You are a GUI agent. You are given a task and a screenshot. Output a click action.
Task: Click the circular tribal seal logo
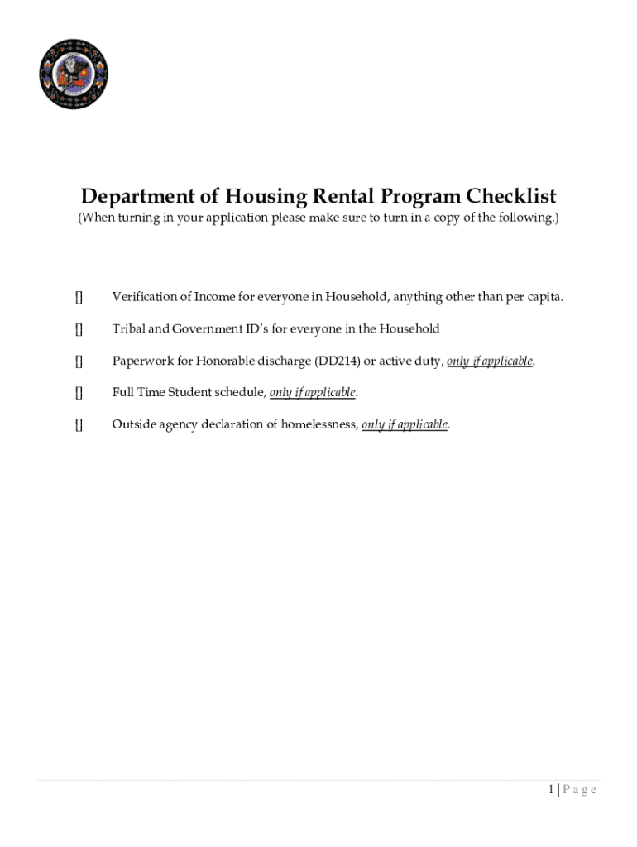pyautogui.click(x=74, y=74)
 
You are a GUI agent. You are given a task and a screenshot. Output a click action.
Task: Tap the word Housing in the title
pyautogui.click(x=266, y=197)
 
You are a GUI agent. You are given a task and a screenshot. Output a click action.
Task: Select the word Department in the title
pyautogui.click(x=137, y=197)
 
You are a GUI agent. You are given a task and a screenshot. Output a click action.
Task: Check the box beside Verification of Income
pyautogui.click(x=79, y=297)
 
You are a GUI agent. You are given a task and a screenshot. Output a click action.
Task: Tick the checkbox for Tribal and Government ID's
pyautogui.click(x=79, y=329)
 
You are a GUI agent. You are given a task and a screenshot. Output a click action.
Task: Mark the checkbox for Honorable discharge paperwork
pyautogui.click(x=79, y=361)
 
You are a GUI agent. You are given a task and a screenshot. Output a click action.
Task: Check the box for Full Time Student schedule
pyautogui.click(x=79, y=393)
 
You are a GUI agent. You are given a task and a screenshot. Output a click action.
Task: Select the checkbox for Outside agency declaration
pyautogui.click(x=79, y=425)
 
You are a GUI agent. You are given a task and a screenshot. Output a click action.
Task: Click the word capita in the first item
pyautogui.click(x=544, y=297)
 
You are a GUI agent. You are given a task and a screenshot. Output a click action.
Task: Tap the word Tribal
pyautogui.click(x=128, y=329)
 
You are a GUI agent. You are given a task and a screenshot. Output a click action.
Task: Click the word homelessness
pyautogui.click(x=318, y=425)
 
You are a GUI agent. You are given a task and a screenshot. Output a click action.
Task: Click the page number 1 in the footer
pyautogui.click(x=550, y=790)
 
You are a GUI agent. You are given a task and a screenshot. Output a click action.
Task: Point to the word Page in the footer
pyautogui.click(x=580, y=790)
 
